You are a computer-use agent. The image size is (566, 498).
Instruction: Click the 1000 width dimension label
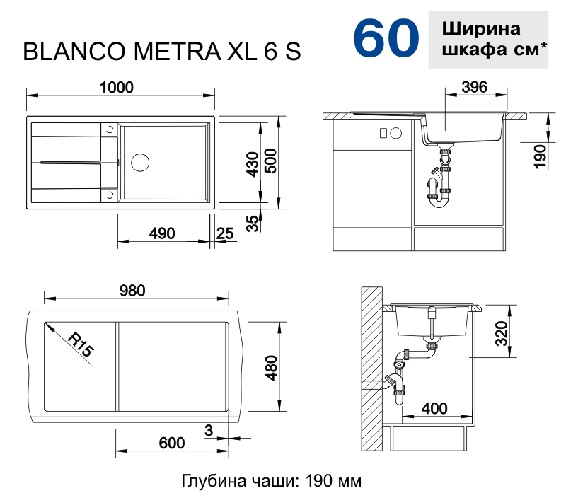point(117,87)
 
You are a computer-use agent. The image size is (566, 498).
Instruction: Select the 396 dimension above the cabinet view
point(474,87)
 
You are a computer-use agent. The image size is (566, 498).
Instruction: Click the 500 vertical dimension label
point(270,165)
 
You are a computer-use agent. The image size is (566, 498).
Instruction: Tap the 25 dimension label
point(225,234)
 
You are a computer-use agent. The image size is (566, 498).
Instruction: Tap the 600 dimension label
point(172,444)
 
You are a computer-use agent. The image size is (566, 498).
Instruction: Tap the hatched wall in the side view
point(369,368)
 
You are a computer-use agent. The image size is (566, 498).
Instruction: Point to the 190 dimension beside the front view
point(540,155)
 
